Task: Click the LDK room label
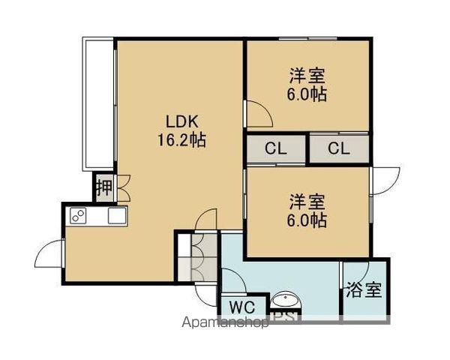(181, 121)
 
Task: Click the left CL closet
(276, 148)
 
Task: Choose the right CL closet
(339, 148)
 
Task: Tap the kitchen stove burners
(77, 216)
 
